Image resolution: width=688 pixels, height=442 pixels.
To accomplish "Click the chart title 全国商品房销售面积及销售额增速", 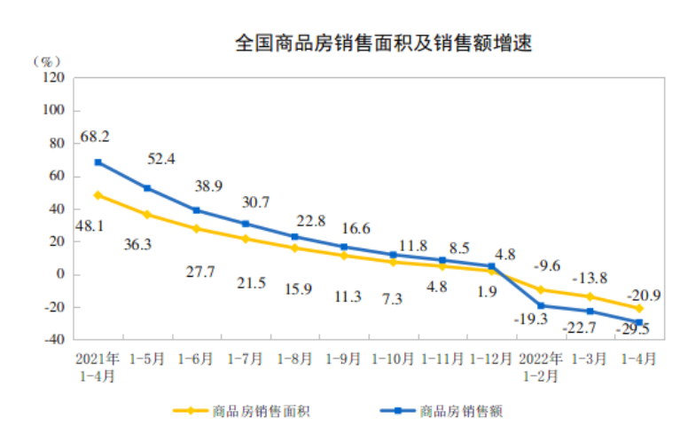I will tap(383, 43).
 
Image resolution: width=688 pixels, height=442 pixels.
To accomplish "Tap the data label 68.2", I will tap(95, 137).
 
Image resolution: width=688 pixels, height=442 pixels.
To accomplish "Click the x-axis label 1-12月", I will tap(490, 359).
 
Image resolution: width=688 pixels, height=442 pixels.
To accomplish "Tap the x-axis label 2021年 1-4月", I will tap(97, 367).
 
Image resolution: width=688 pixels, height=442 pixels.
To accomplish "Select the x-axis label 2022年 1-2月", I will tap(540, 367).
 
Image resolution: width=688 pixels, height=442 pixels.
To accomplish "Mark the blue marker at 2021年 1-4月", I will tap(98, 162).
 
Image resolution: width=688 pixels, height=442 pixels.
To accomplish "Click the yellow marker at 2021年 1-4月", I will tap(98, 195).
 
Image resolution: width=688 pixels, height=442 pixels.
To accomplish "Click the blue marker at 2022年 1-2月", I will tap(540, 305).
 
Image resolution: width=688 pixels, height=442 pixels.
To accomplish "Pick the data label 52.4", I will tap(161, 159).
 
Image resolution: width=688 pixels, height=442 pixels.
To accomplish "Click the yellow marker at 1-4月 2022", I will tap(638, 308).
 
